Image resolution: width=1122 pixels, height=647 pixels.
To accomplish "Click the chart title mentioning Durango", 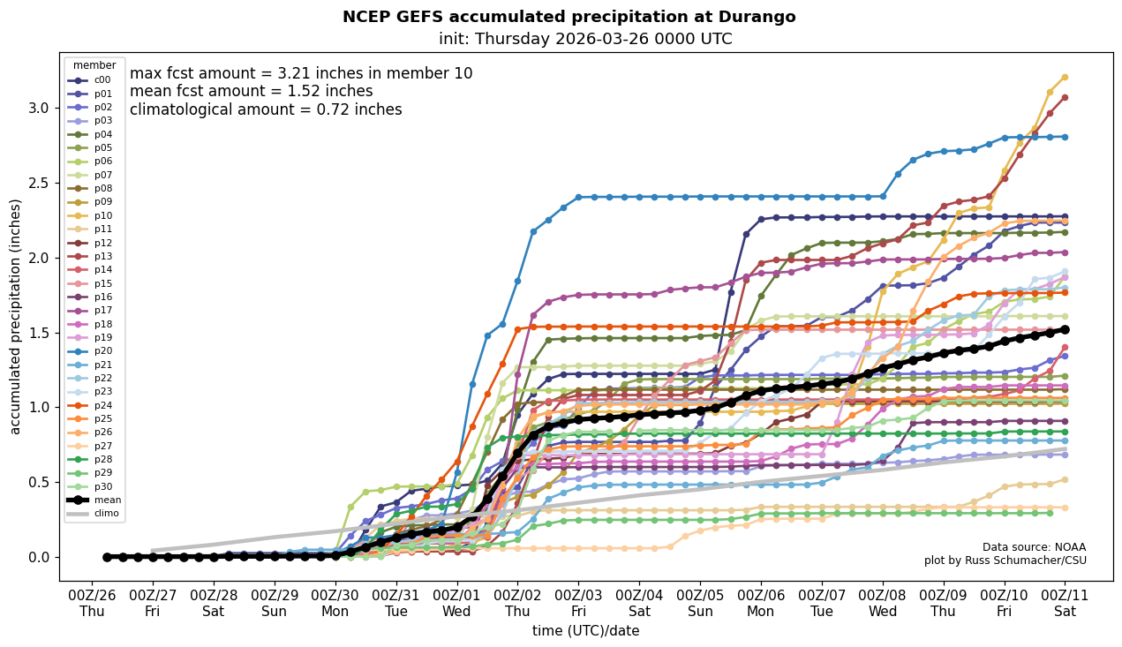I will point(569,17).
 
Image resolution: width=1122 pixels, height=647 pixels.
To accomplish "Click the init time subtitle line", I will point(584,39).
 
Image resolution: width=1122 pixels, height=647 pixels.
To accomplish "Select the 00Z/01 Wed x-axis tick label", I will point(457,603).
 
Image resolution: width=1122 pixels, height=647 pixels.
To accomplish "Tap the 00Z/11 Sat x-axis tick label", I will point(1065,603).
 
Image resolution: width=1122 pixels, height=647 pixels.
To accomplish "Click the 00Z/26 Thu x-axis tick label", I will point(93,603).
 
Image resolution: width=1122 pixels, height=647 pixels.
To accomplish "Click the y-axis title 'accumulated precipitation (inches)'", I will point(15,316).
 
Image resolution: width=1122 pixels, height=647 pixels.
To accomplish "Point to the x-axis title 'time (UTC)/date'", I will point(585,631).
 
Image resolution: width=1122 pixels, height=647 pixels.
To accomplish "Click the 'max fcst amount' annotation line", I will point(301,73).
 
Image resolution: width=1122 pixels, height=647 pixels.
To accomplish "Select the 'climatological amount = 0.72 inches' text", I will point(266,110).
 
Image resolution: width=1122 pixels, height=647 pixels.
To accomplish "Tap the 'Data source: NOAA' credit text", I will point(1034,547).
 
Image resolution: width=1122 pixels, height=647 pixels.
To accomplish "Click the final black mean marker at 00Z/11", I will point(1065,329).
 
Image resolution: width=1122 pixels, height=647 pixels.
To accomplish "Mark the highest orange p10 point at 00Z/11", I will point(1065,77).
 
